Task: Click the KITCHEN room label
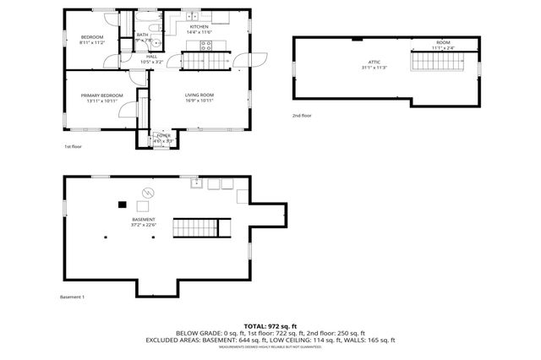[199, 28]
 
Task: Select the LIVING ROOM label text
[199, 95]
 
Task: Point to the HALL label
[151, 57]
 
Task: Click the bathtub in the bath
[147, 19]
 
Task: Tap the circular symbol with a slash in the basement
[149, 192]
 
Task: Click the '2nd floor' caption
[302, 115]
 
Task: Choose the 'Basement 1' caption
[73, 297]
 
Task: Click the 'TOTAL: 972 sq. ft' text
[270, 325]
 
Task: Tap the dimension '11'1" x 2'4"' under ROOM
[443, 47]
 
